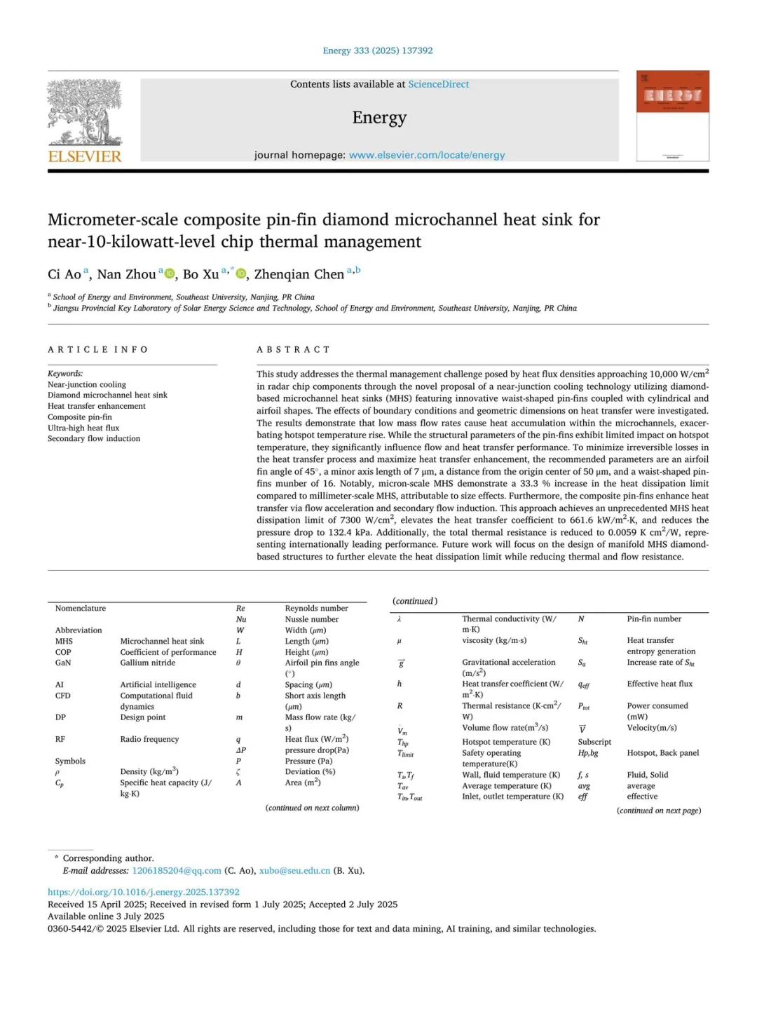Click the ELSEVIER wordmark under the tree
click(x=85, y=156)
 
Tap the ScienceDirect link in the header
click(x=438, y=84)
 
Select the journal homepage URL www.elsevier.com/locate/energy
click(x=427, y=155)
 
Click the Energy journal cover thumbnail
click(x=672, y=116)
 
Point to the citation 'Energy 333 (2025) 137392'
click(x=378, y=50)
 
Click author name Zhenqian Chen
click(x=299, y=274)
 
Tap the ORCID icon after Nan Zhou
click(x=169, y=273)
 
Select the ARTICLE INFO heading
click(x=98, y=349)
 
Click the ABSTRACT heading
click(x=293, y=349)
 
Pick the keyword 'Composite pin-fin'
click(x=80, y=417)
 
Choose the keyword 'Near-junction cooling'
click(x=87, y=384)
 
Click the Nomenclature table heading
click(x=81, y=608)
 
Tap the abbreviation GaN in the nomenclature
click(x=63, y=663)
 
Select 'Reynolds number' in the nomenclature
click(x=316, y=608)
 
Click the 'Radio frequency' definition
click(x=149, y=739)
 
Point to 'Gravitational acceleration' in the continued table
click(x=508, y=662)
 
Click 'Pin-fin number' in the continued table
click(x=654, y=618)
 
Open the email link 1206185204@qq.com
click(x=177, y=870)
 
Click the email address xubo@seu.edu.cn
click(x=294, y=870)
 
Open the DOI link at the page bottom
click(x=144, y=892)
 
